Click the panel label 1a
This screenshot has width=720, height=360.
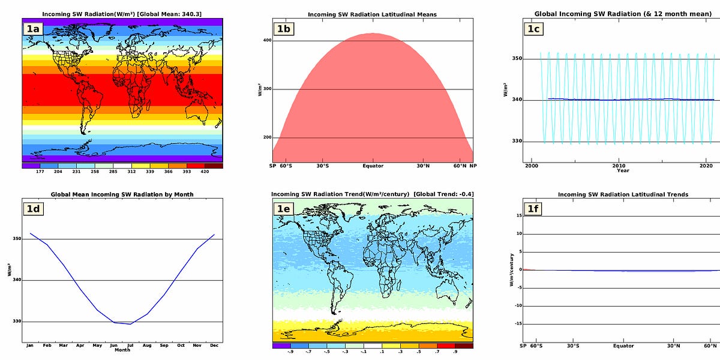coord(33,28)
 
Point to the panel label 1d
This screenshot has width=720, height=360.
coord(33,209)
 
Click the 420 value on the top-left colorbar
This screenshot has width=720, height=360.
coord(204,171)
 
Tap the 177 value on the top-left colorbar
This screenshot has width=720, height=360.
coord(40,171)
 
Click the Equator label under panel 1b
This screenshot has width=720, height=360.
coord(373,166)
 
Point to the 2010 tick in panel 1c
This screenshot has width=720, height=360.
coord(619,166)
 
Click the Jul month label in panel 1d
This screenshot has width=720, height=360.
coord(130,346)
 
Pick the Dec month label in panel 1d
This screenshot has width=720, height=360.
coord(214,346)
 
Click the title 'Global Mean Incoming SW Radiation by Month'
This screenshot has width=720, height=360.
coord(122,194)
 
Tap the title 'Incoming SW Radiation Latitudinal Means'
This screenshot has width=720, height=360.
coord(373,14)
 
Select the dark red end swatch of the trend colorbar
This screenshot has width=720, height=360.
coord(464,346)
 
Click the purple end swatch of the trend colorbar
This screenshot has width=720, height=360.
coord(281,346)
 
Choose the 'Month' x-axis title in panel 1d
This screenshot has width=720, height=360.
coord(122,350)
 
